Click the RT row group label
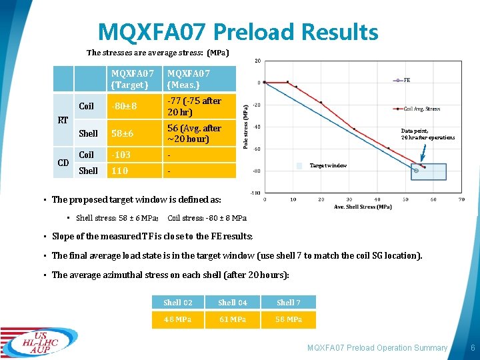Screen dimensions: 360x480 [x=62, y=121]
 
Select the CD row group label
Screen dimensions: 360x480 [x=63, y=163]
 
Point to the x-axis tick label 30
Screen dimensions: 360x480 [x=350, y=199]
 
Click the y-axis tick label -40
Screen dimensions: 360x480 [x=256, y=127]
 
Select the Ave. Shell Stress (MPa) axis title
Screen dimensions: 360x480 [x=362, y=207]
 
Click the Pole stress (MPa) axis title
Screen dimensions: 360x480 [x=245, y=125]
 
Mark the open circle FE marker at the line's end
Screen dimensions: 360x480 [x=417, y=171]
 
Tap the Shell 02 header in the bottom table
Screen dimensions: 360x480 [x=177, y=303]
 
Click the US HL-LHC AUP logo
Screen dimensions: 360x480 [x=39, y=343]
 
